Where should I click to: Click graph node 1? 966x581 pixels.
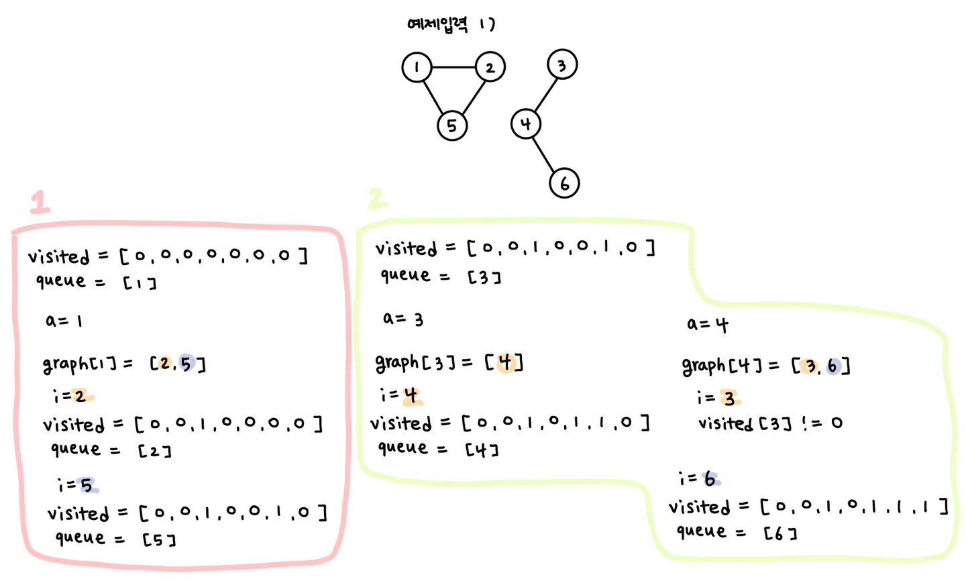tap(417, 67)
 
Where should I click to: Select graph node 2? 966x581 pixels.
tap(490, 67)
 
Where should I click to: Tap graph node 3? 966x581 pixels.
tap(562, 65)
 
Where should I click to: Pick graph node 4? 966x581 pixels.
tap(525, 123)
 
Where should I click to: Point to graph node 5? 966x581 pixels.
tap(451, 125)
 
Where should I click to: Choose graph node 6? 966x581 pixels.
tap(564, 183)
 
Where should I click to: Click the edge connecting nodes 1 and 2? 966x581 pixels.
tap(453, 67)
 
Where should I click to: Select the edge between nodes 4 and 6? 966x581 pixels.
tap(545, 153)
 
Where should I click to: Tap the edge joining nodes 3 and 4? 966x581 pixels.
tap(545, 94)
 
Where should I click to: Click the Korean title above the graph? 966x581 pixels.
tap(450, 25)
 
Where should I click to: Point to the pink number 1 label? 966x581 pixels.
tap(40, 201)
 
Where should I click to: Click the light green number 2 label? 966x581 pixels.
tap(377, 198)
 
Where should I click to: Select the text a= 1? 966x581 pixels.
tap(64, 321)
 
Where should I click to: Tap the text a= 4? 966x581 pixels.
tap(707, 325)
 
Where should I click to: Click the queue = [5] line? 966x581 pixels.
tap(115, 538)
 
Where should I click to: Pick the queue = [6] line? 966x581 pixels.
tap(736, 532)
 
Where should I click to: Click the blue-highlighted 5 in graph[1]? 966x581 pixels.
tap(186, 364)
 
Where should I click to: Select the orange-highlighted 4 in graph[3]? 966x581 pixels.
tap(506, 362)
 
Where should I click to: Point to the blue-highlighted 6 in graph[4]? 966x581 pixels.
tap(833, 366)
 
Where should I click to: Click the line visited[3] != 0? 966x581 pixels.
tap(770, 423)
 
